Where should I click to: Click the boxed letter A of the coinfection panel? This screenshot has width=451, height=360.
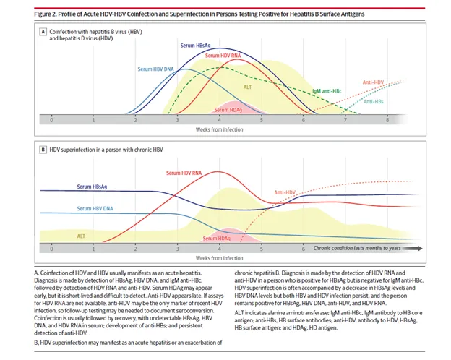click(x=43, y=32)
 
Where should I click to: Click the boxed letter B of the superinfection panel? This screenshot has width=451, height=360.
click(x=43, y=149)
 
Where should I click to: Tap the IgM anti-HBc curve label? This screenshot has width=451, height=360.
click(x=328, y=92)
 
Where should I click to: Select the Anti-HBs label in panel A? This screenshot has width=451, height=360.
click(x=374, y=101)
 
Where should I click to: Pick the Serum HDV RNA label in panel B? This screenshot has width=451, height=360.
click(x=184, y=173)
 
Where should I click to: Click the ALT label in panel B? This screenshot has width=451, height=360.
click(x=82, y=236)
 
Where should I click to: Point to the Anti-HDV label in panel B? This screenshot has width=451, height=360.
click(x=285, y=192)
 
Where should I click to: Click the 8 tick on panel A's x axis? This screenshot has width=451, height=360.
click(x=387, y=121)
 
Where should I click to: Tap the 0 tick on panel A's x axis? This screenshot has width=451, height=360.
click(x=51, y=121)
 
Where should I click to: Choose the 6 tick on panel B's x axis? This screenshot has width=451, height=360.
click(x=302, y=248)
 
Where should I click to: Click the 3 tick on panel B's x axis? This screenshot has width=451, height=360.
click(x=176, y=248)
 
